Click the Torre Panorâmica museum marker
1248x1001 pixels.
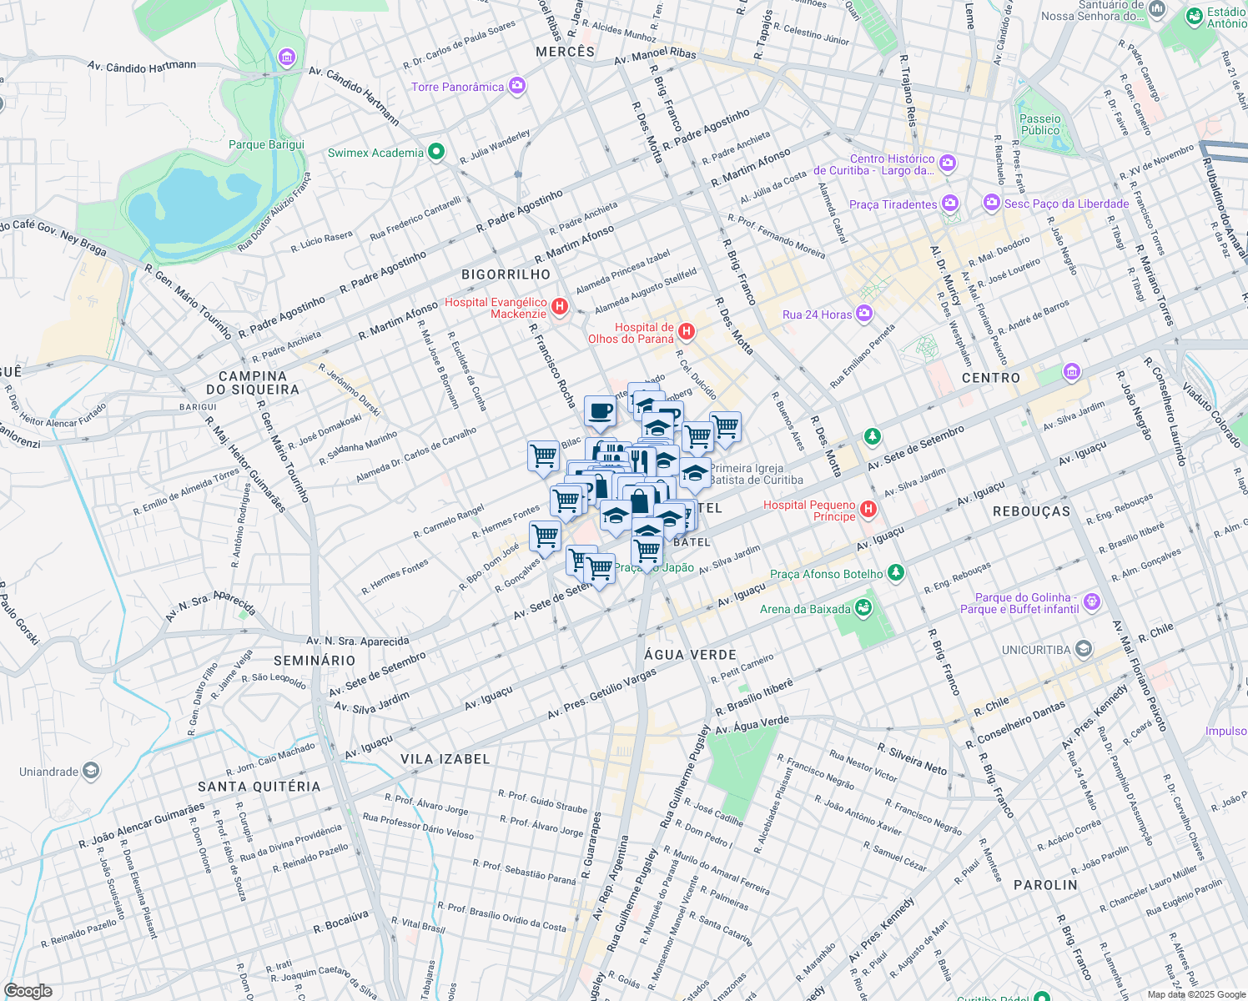pos(517,86)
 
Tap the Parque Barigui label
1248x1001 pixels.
pos(266,144)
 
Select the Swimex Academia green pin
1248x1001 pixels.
pos(435,152)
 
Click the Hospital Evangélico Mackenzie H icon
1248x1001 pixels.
pos(561,307)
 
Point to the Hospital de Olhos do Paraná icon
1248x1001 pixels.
pos(687,332)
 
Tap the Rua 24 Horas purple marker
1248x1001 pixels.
pos(864,314)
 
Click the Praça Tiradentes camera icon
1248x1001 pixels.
pos(950,204)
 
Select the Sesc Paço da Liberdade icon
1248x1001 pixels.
pos(991,202)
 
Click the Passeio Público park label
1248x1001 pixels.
pos(1040,124)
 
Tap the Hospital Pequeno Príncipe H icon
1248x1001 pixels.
pos(868,509)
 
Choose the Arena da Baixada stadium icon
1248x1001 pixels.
pos(863,608)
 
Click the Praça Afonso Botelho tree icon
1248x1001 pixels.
pos(895,573)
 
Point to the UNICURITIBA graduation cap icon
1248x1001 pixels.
pos(1083,648)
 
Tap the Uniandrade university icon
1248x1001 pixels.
pos(91,771)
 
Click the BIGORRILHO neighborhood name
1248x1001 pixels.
pos(506,274)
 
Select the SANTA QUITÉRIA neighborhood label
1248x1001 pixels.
pos(259,787)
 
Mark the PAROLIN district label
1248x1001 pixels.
pos(1045,885)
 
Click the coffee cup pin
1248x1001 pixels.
pos(600,410)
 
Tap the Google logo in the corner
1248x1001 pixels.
pos(28,990)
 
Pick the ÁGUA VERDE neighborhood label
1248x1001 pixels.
pos(690,655)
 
